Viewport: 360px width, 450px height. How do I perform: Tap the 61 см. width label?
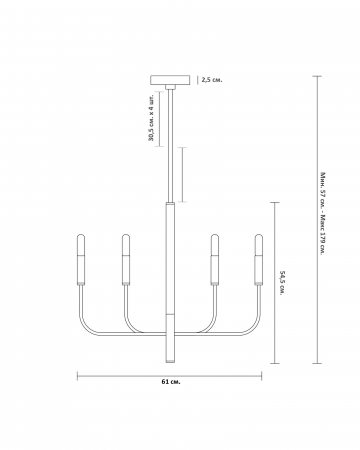pos(171,382)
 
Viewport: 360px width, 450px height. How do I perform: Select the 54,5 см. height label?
pos(281,283)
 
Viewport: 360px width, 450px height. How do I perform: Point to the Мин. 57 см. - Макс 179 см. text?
pos(322,214)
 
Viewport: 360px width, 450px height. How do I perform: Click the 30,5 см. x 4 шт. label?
pos(152,119)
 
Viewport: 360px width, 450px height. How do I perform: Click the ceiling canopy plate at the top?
pos(170,80)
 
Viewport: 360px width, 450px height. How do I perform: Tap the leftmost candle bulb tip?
pos(81,235)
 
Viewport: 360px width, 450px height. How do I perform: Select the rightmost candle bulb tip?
pos(259,235)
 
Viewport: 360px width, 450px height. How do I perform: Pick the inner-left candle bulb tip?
pos(126,235)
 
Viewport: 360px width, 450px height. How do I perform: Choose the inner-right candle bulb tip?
pos(215,235)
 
